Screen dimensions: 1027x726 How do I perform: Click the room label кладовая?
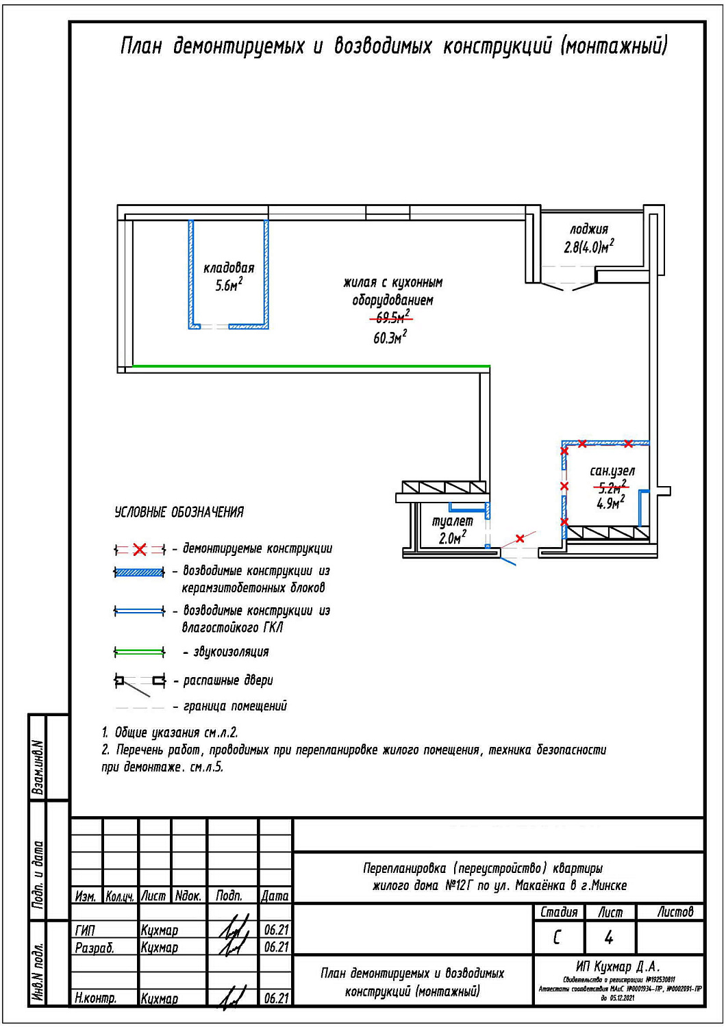pyautogui.click(x=229, y=268)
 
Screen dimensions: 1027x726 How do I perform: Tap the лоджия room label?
pyautogui.click(x=589, y=230)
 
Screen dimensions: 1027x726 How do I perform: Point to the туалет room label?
pyautogui.click(x=452, y=522)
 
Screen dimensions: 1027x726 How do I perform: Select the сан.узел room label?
pyautogui.click(x=612, y=471)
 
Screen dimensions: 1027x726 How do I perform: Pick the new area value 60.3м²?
pyautogui.click(x=390, y=338)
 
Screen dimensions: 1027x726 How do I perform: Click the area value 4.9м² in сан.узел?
pyautogui.click(x=610, y=503)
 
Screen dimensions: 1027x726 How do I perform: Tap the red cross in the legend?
pyautogui.click(x=140, y=549)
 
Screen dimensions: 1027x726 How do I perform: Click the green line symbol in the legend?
pyautogui.click(x=140, y=651)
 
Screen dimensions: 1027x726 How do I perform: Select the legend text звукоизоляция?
pyautogui.click(x=231, y=652)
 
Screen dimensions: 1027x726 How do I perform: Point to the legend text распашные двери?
pyautogui.click(x=228, y=681)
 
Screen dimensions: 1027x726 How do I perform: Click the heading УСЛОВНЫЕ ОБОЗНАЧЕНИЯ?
pyautogui.click(x=179, y=512)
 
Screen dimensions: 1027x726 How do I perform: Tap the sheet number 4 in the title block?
pyautogui.click(x=609, y=937)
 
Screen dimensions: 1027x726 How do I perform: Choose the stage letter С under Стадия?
pyautogui.click(x=557, y=937)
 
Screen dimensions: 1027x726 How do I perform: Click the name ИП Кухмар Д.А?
pyautogui.click(x=617, y=967)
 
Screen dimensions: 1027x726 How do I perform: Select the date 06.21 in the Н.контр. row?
pyautogui.click(x=276, y=998)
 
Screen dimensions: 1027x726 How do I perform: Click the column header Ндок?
pyautogui.click(x=188, y=896)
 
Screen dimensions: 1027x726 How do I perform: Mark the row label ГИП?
pyautogui.click(x=85, y=930)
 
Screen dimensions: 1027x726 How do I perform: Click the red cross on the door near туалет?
pyautogui.click(x=520, y=538)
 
